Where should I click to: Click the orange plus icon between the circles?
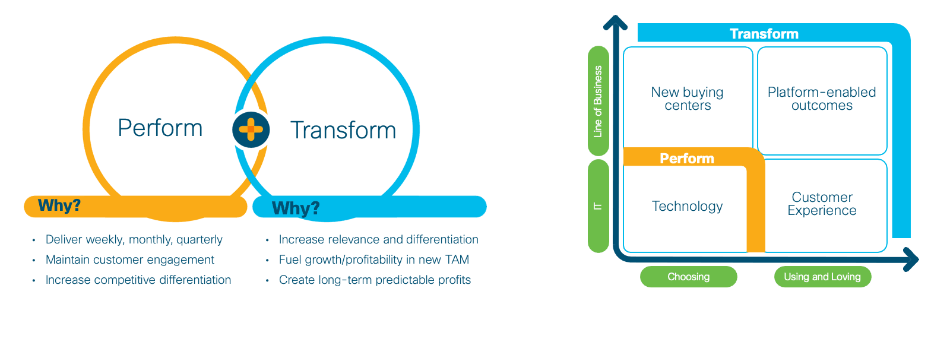coord(251,129)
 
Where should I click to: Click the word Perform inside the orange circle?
coord(160,128)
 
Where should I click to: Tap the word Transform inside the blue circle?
coord(343,130)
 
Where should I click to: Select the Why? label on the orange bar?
coord(59,205)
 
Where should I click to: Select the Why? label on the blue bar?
coord(296,208)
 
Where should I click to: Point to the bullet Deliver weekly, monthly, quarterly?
coord(134,240)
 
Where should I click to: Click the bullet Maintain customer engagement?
coord(130,259)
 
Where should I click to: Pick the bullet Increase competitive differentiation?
coord(138,280)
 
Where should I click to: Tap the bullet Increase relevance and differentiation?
coord(378,240)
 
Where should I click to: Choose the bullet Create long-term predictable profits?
coord(375,280)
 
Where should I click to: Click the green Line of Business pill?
coord(598,101)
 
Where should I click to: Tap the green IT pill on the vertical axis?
coord(598,206)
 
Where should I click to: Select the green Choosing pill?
coord(688,277)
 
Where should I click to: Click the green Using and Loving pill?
coord(822,277)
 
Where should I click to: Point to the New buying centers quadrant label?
coord(688,99)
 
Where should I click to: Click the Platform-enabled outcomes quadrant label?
coord(822,99)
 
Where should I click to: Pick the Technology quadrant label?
coord(687,206)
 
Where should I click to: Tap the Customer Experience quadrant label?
coord(822,204)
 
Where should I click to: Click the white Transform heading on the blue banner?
coord(764,33)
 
